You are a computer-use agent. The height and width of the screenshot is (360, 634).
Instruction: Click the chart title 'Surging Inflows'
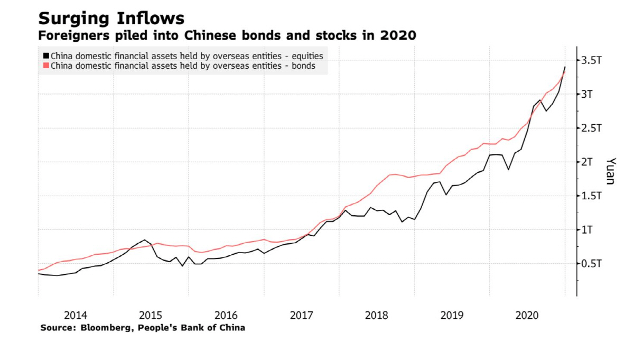click(x=111, y=19)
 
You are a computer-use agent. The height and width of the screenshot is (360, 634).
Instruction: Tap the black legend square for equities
click(x=46, y=56)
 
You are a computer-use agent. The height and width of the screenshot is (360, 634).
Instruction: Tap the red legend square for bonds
click(x=46, y=66)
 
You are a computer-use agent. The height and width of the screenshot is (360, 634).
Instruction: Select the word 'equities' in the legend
click(x=309, y=56)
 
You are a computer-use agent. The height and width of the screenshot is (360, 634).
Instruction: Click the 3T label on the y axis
click(x=588, y=94)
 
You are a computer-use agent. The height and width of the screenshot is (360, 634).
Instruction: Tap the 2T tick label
click(x=588, y=162)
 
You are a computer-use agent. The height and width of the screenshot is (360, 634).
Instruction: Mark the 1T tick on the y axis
click(x=588, y=229)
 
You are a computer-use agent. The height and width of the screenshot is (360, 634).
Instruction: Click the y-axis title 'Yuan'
click(x=610, y=171)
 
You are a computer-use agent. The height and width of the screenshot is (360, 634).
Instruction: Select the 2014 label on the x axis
click(x=76, y=316)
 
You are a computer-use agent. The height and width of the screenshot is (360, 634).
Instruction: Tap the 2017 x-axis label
click(x=302, y=316)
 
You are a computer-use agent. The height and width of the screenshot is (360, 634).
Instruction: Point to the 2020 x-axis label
click(x=527, y=316)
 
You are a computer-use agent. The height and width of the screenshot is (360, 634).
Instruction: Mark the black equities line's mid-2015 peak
click(x=145, y=240)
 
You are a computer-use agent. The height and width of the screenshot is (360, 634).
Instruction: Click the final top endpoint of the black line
click(x=565, y=67)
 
